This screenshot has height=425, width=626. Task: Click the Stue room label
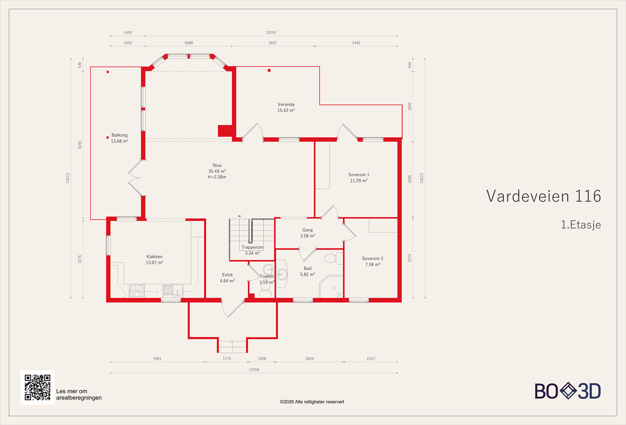click(217, 171)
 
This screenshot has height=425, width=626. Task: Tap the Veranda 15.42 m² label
click(286, 107)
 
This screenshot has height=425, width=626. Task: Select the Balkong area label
click(119, 138)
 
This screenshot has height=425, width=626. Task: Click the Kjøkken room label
click(155, 259)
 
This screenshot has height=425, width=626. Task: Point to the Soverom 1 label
click(358, 177)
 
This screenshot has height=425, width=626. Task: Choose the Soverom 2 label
click(372, 261)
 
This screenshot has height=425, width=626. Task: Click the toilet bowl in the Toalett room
click(265, 293)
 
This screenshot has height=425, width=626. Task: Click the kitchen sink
click(172, 290)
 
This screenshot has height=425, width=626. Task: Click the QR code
click(38, 387)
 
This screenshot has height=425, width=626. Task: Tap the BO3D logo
click(568, 391)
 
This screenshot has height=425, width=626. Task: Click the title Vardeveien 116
click(543, 196)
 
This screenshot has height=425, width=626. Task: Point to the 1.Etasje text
click(581, 225)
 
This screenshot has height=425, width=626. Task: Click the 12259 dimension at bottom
click(254, 370)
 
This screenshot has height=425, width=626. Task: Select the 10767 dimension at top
click(271, 33)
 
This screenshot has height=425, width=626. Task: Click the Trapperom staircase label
click(252, 250)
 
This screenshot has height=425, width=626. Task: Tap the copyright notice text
click(312, 402)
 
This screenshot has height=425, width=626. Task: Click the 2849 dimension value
click(309, 358)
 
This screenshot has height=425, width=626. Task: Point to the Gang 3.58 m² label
click(308, 233)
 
